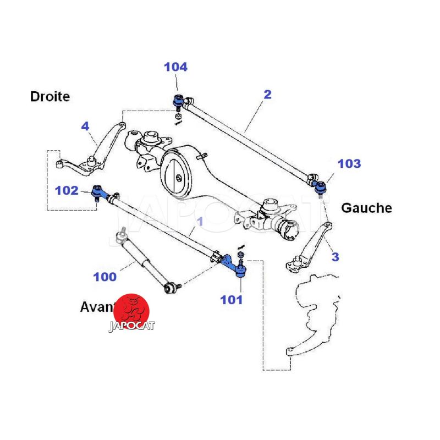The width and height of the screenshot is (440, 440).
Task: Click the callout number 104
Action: coord(175,67)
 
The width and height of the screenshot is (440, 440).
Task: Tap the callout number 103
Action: coord(349,163)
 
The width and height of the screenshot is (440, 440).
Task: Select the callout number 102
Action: coord(67,190)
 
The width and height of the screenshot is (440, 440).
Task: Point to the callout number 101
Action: coord(231,300)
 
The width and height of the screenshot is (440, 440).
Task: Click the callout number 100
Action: coord(105,277)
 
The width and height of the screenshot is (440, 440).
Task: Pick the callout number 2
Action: coord(267,94)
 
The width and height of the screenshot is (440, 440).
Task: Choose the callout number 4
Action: coord(85,127)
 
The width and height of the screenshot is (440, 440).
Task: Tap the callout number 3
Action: coord(335,257)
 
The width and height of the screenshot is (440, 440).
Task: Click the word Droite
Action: coord(50,97)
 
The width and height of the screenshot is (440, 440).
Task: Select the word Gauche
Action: coord(366,208)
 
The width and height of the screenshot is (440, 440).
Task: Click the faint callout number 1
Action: coord(200,222)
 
